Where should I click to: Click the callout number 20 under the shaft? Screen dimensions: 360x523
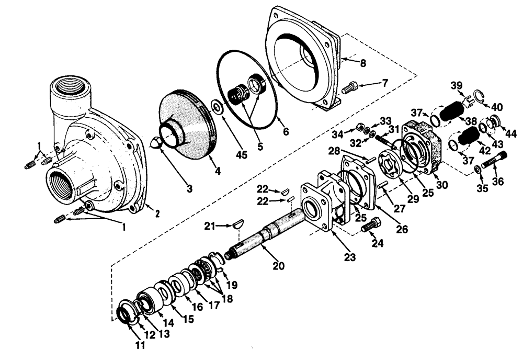(x=278, y=265)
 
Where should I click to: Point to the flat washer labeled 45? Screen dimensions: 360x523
(x=217, y=107)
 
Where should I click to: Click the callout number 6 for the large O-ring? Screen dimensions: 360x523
(x=286, y=132)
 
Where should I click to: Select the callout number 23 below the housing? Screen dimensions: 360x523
(x=349, y=257)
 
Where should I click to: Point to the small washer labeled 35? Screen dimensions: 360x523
(x=479, y=171)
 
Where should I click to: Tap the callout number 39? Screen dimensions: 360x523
(x=457, y=85)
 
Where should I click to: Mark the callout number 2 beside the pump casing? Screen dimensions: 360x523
(x=155, y=212)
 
